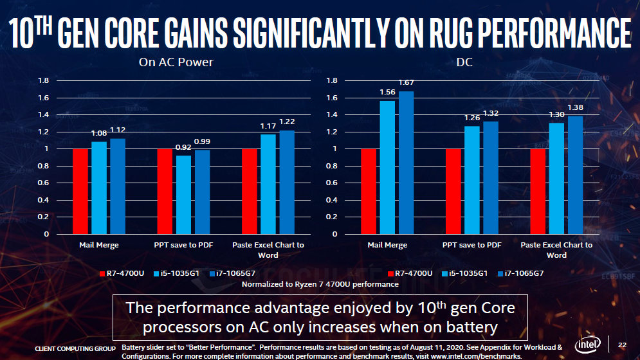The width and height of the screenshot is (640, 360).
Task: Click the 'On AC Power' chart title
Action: tap(176, 62)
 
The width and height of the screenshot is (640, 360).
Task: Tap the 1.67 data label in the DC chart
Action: tap(406, 82)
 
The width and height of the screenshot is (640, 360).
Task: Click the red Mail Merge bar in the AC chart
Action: tap(80, 191)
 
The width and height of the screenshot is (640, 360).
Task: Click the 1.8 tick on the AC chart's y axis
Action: tap(43, 81)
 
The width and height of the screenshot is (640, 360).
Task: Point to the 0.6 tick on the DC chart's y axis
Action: tap(332, 183)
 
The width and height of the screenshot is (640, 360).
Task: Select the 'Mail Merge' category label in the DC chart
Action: tap(387, 245)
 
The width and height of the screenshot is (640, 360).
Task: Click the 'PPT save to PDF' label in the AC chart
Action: tap(184, 245)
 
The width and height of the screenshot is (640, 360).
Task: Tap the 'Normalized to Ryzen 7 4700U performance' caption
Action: tap(320, 283)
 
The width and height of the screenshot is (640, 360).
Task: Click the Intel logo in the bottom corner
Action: tap(588, 344)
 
